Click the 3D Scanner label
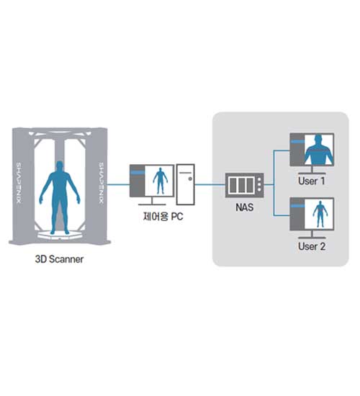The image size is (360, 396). (x=59, y=259)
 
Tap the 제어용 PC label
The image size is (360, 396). (x=163, y=217)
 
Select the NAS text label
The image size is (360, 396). (x=244, y=207)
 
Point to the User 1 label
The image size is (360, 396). (x=312, y=181)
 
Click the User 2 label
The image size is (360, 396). (x=312, y=246)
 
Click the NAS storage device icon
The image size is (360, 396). (x=244, y=185)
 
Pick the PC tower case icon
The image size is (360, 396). (x=186, y=184)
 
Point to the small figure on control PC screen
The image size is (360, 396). (x=160, y=181)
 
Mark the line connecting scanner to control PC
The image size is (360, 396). (x=119, y=184)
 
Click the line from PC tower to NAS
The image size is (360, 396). (x=210, y=184)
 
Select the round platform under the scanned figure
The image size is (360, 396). (x=60, y=235)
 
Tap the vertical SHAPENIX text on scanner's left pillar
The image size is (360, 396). (x=19, y=183)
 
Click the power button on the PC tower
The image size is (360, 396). (x=190, y=179)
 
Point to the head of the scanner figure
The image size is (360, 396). (x=59, y=166)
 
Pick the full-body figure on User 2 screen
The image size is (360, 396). (x=320, y=214)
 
